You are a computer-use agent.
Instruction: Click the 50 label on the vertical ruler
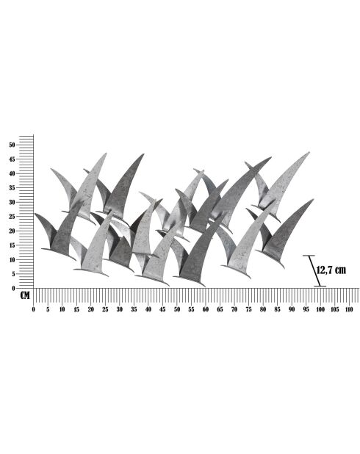click(x=12, y=145)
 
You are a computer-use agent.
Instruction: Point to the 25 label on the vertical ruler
click(x=12, y=216)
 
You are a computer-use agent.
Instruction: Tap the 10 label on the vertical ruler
click(x=12, y=259)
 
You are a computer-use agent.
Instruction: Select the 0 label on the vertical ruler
click(x=13, y=288)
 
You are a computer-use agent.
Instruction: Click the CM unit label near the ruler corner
click(x=25, y=296)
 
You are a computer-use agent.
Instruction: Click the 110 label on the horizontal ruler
click(x=349, y=309)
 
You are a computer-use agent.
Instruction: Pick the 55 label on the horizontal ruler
click(x=191, y=309)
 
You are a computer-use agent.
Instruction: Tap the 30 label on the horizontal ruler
click(x=119, y=309)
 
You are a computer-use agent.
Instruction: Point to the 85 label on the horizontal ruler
click(x=277, y=309)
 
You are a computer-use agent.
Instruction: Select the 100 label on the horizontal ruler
click(x=320, y=309)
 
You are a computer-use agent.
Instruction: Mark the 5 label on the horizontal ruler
click(x=48, y=309)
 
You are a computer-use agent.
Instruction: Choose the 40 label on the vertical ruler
click(x=12, y=173)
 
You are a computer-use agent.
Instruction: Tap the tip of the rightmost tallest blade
click(x=309, y=153)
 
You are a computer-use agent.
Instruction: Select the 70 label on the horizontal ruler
click(x=234, y=309)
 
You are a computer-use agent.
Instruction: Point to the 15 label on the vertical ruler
click(x=12, y=245)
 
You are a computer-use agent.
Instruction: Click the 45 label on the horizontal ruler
click(x=162, y=309)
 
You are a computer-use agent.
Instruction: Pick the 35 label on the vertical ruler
click(x=12, y=187)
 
